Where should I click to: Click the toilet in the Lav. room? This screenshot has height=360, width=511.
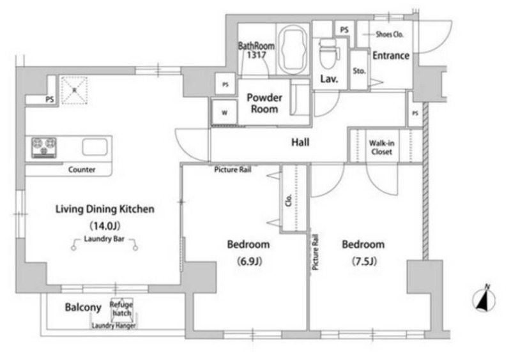pos(328,54)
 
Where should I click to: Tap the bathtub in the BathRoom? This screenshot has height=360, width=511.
pos(293,49)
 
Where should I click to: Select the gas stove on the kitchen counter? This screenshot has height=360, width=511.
pos(44,147)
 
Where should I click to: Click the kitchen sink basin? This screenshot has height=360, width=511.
pos(95,147)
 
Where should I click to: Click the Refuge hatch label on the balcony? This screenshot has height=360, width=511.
pos(121,309)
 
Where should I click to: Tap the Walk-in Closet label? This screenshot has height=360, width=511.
pos(381,147)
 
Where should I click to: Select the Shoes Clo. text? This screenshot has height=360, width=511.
pos(390,34)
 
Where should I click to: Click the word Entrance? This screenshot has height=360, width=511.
pos(391,56)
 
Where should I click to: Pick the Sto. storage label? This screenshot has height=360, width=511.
pos(359,71)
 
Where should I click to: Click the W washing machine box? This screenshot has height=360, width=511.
pos(225,112)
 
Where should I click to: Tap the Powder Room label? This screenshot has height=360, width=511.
pos(264,103)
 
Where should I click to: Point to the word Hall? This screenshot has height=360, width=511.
pos(300,142)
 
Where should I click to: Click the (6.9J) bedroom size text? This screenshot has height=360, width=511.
pos(249,261)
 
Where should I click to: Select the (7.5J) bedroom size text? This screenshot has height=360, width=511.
pos(364,261)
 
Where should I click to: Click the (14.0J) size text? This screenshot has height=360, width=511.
pos(105,225)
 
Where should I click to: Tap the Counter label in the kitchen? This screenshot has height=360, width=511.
pos(82,169)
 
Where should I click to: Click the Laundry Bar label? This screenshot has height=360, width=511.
pos(104,239)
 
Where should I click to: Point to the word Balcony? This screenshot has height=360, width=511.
pos(83,307)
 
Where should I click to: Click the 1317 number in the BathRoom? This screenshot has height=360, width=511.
pos(257,55)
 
